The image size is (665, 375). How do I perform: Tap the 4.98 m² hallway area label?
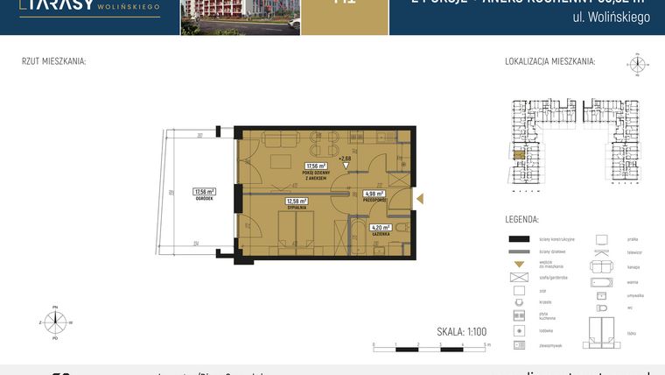(374, 194)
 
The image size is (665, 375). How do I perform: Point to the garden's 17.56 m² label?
(204, 191)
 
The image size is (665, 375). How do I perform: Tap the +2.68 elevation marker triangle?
(345, 166)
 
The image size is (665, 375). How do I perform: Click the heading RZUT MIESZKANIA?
(53, 61)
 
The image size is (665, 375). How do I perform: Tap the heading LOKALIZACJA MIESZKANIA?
(549, 61)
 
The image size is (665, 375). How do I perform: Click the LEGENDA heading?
(521, 219)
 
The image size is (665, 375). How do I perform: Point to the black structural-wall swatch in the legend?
(521, 238)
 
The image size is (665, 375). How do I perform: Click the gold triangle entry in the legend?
(521, 263)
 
